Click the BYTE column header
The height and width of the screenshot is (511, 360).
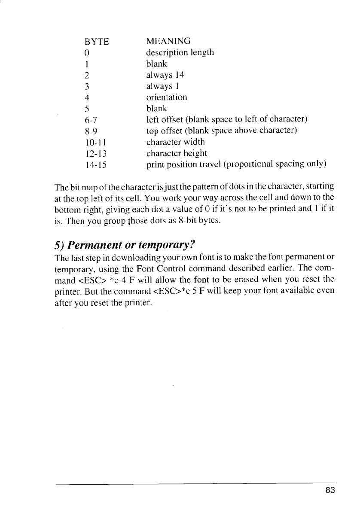[97, 42]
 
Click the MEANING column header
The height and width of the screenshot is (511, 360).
[168, 41]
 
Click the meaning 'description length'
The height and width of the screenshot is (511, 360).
[180, 53]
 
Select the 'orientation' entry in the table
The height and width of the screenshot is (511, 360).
[167, 97]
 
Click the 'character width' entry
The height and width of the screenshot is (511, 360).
[175, 142]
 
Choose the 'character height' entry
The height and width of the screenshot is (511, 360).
[177, 153]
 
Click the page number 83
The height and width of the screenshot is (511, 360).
[330, 491]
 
